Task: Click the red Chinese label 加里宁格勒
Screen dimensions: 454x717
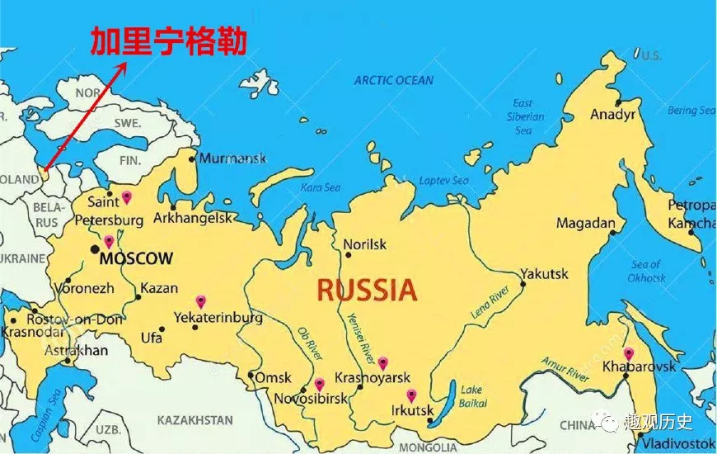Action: tap(168, 41)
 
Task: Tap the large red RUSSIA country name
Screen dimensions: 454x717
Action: tap(367, 290)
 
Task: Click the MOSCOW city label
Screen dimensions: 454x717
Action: tap(136, 259)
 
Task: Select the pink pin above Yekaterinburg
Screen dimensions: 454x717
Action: tap(199, 301)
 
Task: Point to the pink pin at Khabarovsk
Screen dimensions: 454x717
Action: tap(629, 353)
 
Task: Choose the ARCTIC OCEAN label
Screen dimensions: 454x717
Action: tap(393, 80)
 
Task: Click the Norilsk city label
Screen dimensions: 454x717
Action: tap(364, 244)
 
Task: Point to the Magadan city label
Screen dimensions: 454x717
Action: tap(586, 223)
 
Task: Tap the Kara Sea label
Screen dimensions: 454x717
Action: tap(321, 187)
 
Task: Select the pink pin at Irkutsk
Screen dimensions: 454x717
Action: tap(411, 395)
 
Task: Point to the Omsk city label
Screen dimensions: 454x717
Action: tap(273, 377)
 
